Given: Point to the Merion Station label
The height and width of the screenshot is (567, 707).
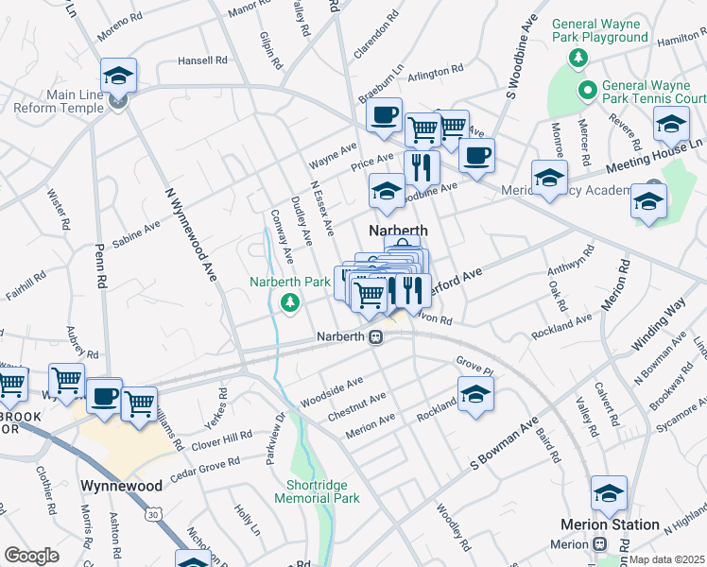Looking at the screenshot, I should tap(623, 524).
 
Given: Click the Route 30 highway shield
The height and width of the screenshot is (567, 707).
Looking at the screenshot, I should tap(153, 515).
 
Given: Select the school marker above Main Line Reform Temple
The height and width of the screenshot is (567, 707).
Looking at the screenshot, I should tap(119, 74).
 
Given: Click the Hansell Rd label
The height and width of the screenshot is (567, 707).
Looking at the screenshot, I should tap(203, 60).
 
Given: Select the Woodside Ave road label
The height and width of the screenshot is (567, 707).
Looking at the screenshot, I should tap(331, 391).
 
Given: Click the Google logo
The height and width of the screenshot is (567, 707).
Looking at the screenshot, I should tap(31, 556).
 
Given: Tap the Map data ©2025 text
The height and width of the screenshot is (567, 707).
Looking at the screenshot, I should tap(667, 559).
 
